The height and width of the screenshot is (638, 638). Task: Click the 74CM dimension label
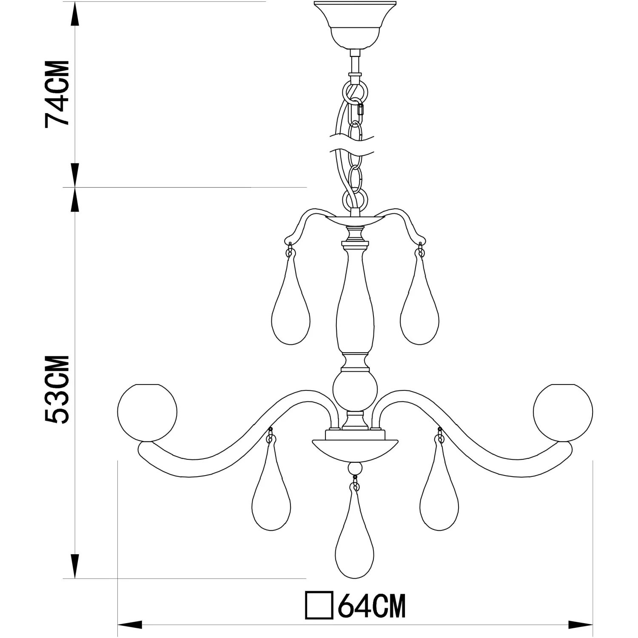pos(57,94)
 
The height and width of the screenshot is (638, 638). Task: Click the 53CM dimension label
pos(57,389)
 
